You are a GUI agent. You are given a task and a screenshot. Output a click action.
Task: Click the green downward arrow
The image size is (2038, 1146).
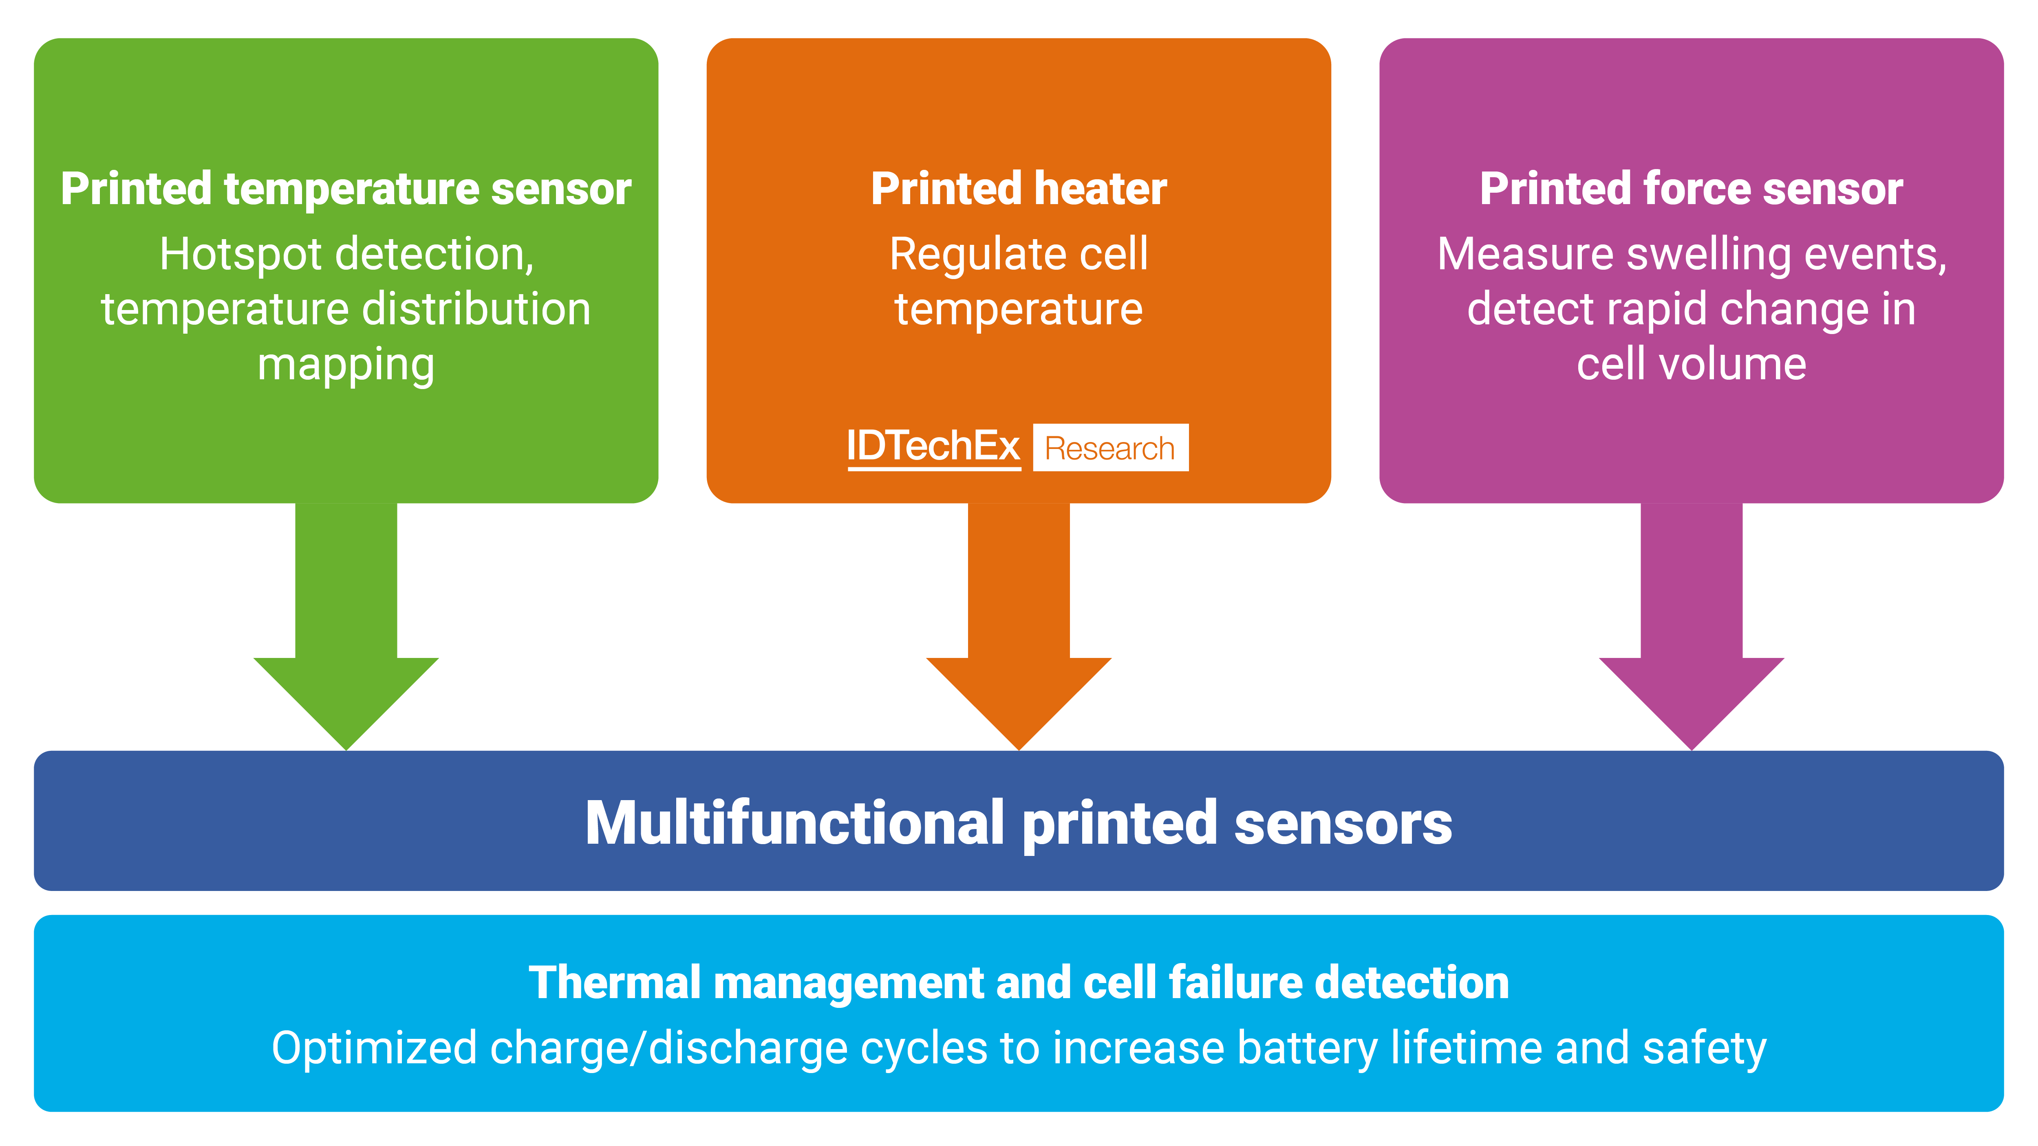click(x=346, y=633)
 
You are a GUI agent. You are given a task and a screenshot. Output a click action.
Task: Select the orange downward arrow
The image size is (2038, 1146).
click(x=1019, y=633)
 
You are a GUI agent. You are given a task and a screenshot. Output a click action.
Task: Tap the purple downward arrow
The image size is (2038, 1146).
click(x=1692, y=633)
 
